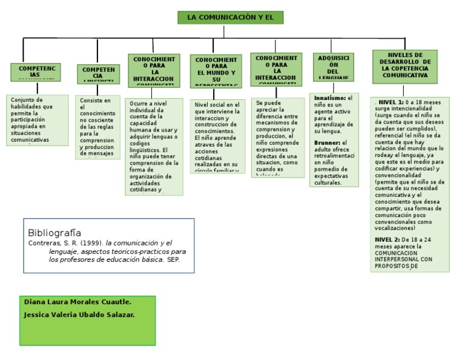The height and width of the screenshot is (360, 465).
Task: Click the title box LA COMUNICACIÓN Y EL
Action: [x=230, y=18]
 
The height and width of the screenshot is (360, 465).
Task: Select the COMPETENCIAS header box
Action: [x=36, y=72]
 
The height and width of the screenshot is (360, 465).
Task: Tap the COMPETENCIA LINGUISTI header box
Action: [x=98, y=74]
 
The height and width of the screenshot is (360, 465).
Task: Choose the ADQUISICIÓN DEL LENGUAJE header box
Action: [x=333, y=67]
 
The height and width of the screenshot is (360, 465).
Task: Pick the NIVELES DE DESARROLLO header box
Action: [x=405, y=66]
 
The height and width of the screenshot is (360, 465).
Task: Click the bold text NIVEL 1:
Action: [x=391, y=102]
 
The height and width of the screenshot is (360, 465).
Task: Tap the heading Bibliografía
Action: [x=54, y=233]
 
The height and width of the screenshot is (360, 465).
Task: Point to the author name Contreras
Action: [x=46, y=243]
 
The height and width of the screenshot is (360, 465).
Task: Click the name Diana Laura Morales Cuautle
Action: [x=77, y=302]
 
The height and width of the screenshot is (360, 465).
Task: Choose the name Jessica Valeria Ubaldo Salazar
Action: [x=79, y=315]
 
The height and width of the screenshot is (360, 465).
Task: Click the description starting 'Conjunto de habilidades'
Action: [x=36, y=120]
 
